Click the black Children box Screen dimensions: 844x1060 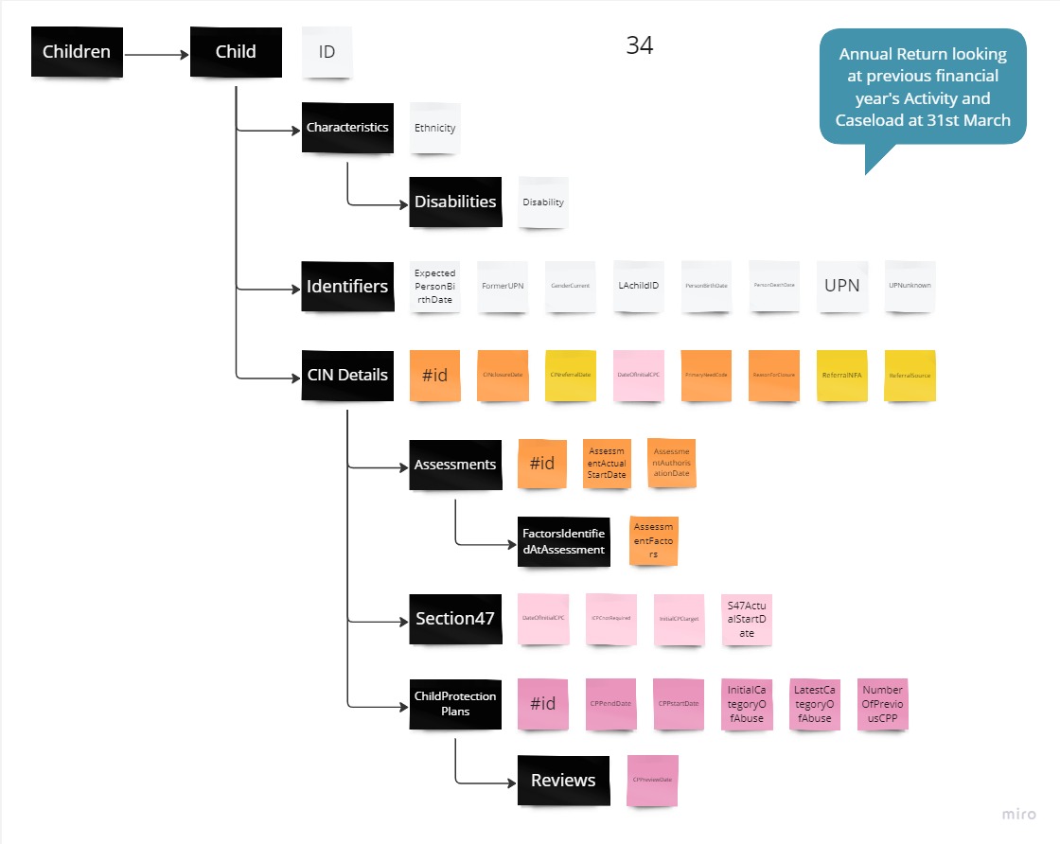pos(77,52)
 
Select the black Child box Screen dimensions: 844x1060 pos(236,52)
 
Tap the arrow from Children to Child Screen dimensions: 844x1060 pos(156,54)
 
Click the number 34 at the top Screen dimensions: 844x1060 pos(639,45)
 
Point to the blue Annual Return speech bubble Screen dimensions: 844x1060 pos(922,87)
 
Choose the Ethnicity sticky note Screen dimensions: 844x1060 pos(434,129)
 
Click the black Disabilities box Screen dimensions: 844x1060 pos(455,202)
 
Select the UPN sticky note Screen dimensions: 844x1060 pos(841,286)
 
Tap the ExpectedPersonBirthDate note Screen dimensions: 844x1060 pos(434,287)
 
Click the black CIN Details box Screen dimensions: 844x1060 pos(347,375)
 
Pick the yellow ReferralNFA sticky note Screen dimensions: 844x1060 pos(841,376)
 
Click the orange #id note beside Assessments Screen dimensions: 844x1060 pos(541,464)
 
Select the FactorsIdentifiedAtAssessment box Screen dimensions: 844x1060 pos(563,542)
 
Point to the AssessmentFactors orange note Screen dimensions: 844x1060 pos(653,540)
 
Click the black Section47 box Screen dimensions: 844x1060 pos(455,619)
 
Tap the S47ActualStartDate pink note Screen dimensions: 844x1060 pos(746,619)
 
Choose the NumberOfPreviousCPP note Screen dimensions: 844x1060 pos(882,704)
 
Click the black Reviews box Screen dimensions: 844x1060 pos(563,781)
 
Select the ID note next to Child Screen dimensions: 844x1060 pos(327,52)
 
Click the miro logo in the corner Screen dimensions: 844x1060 pos(1018,815)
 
